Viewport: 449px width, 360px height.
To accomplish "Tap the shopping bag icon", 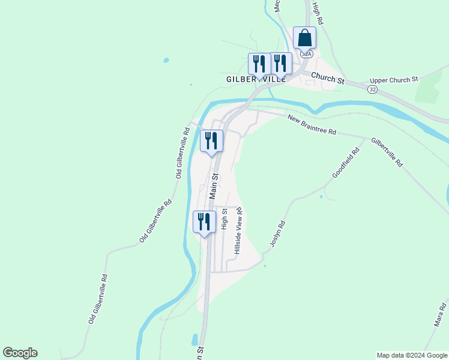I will (x=304, y=38).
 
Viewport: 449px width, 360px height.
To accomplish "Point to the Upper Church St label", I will (x=394, y=80).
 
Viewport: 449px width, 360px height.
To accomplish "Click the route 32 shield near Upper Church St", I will (x=373, y=89).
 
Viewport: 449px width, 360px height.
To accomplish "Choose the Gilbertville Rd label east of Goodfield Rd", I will (x=387, y=152).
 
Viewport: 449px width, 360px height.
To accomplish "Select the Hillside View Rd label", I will (x=238, y=232).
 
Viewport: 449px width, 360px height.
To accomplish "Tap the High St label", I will (x=224, y=219).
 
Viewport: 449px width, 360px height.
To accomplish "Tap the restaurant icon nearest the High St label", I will (x=204, y=221).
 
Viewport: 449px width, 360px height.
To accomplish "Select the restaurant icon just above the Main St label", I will (x=211, y=140).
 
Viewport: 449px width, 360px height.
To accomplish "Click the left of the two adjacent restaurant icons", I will (x=259, y=63).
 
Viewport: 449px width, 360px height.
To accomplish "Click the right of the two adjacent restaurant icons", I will (x=280, y=63).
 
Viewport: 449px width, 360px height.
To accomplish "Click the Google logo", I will (x=20, y=353).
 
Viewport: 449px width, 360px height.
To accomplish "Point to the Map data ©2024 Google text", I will (x=412, y=355).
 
